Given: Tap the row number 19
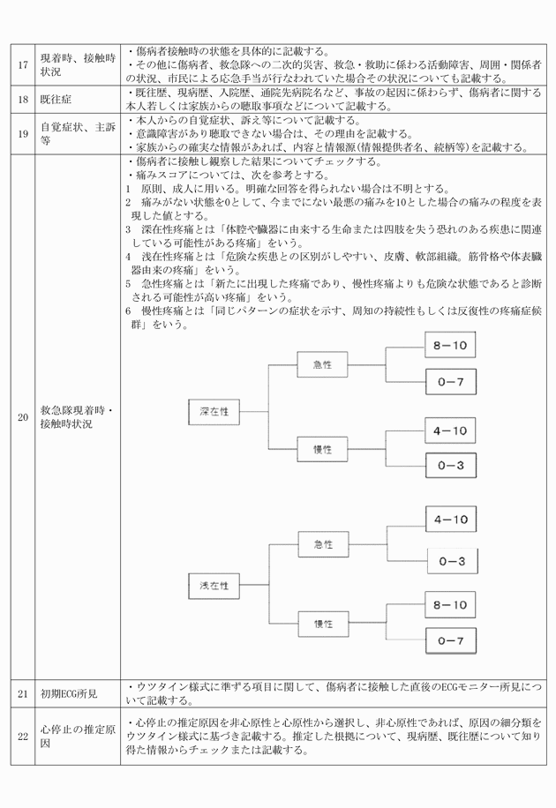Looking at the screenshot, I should (x=23, y=134).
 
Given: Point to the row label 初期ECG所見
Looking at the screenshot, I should (x=70, y=695).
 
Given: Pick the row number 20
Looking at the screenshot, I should (x=23, y=418).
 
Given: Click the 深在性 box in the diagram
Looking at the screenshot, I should (x=214, y=411).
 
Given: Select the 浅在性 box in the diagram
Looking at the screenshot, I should (x=214, y=585).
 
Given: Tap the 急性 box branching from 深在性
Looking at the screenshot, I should (x=321, y=363).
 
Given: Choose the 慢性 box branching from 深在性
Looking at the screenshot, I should (x=321, y=449).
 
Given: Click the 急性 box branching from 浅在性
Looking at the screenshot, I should (x=321, y=544).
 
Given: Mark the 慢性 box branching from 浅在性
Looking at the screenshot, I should (x=321, y=624).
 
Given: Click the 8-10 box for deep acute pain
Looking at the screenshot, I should (x=450, y=346).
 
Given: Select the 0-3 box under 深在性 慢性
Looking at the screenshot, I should (x=450, y=465).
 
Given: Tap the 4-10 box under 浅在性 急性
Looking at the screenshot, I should (x=450, y=520).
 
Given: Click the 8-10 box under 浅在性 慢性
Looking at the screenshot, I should (x=450, y=605).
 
